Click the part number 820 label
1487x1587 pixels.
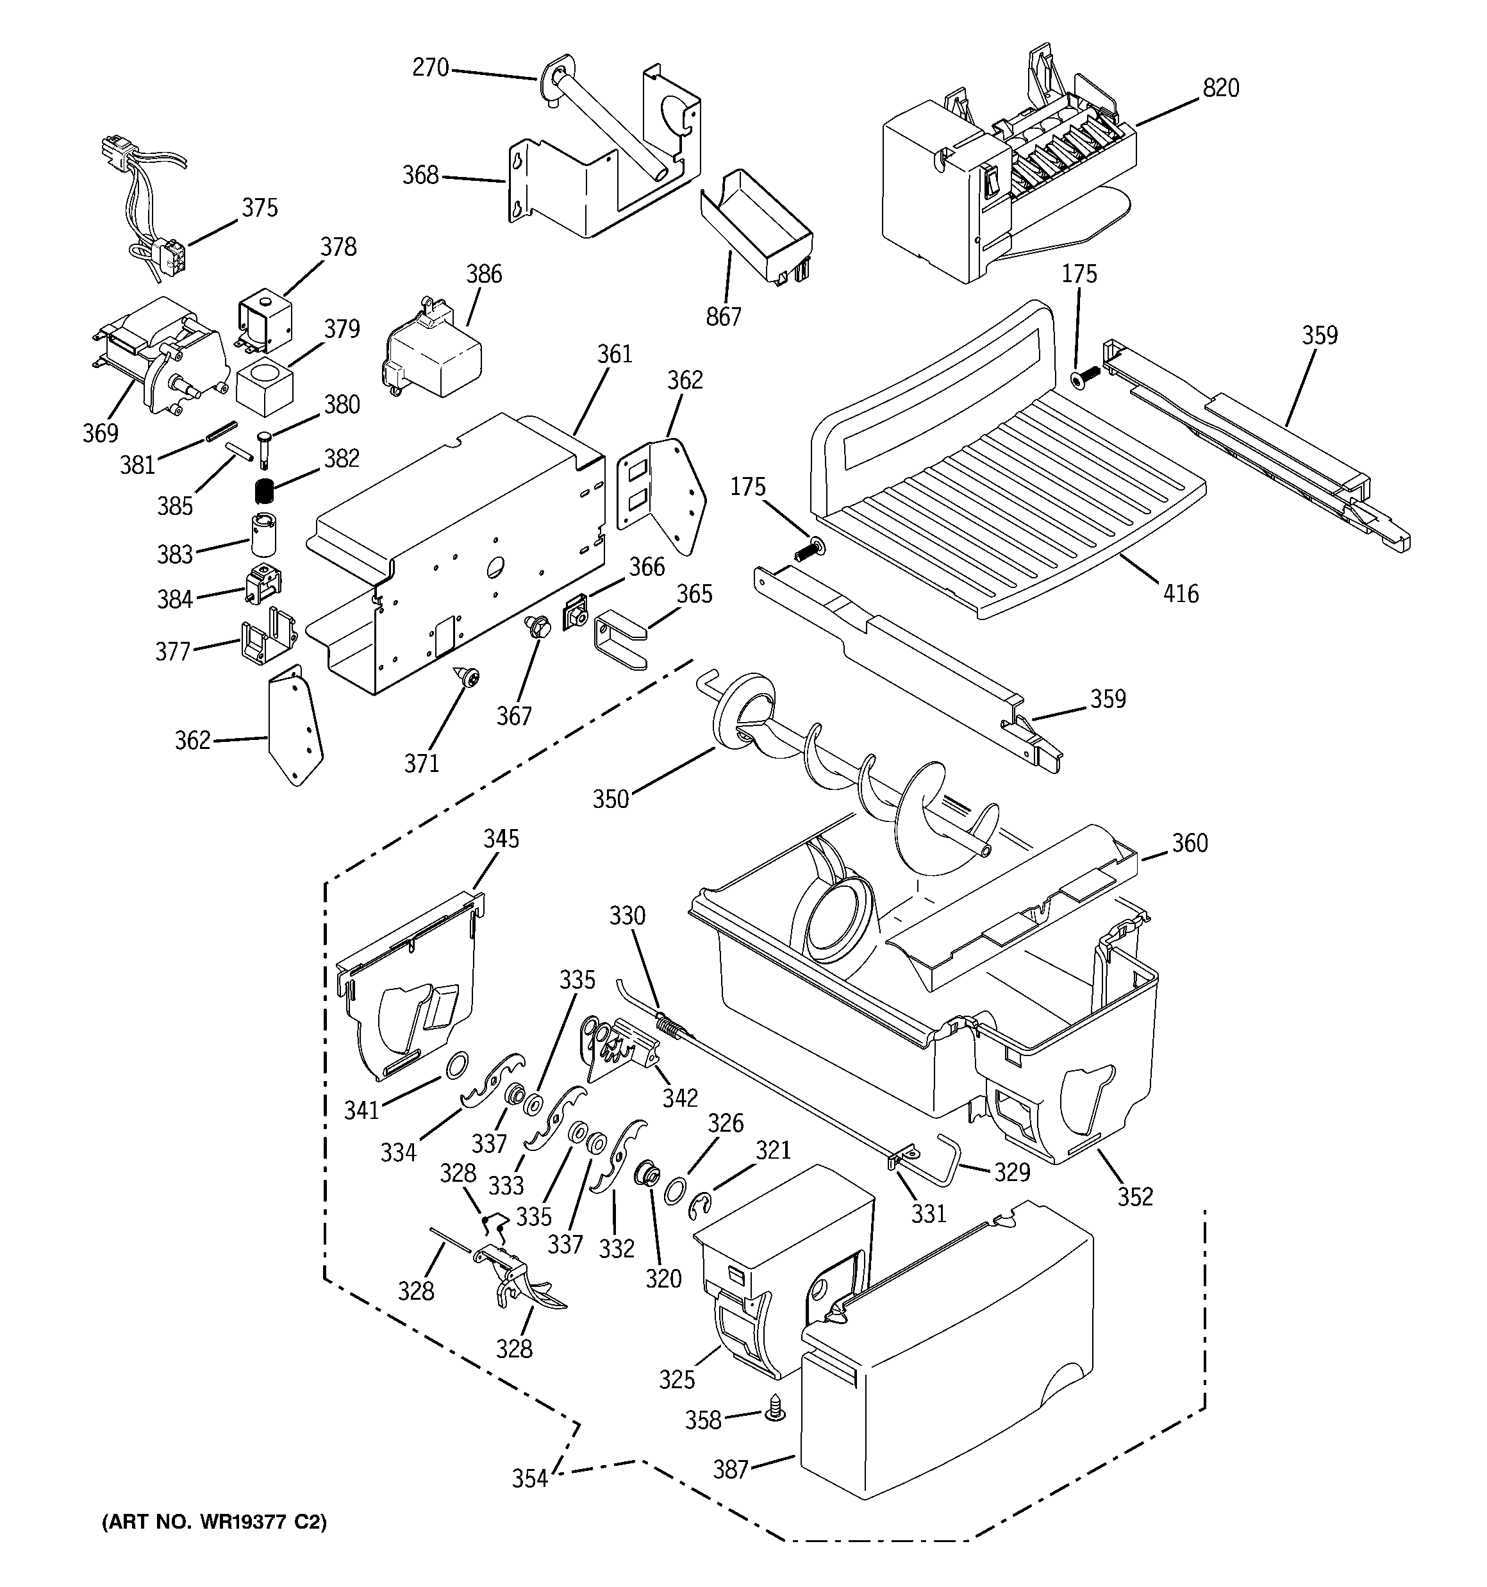(x=1220, y=88)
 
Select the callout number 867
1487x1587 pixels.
(x=723, y=317)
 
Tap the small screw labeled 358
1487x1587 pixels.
(x=774, y=1414)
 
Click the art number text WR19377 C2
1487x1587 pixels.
(x=214, y=1522)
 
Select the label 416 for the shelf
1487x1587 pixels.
(x=1181, y=593)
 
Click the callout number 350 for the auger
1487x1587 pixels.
(x=611, y=799)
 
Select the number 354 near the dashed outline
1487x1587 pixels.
(x=530, y=1479)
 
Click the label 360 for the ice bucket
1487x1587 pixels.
(x=1190, y=843)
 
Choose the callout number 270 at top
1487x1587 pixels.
(x=431, y=68)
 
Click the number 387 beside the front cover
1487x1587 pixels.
(x=730, y=1469)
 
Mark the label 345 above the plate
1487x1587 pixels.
(x=501, y=838)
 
